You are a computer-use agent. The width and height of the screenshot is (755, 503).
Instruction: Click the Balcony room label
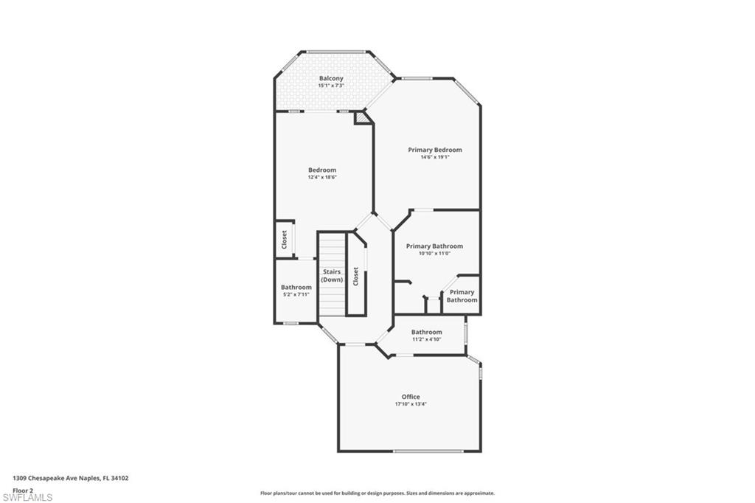331,78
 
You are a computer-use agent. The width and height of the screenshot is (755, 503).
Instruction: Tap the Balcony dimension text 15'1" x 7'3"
331,86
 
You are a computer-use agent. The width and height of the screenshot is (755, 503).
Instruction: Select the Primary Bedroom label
435,150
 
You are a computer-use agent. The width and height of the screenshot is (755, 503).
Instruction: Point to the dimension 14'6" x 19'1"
435,157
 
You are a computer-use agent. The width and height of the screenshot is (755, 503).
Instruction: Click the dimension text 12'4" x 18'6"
322,177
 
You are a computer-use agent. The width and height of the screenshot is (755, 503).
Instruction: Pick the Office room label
411,397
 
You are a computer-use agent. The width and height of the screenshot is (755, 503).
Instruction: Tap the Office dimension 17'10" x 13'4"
411,404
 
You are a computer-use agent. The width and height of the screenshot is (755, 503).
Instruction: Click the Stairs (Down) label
332,276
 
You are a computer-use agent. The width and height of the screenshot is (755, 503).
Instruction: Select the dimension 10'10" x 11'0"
434,254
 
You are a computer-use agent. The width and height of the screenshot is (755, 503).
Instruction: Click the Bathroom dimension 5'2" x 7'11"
296,294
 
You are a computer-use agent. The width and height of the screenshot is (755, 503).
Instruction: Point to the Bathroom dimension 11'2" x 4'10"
426,339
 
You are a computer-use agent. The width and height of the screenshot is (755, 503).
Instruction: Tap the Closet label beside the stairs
356,277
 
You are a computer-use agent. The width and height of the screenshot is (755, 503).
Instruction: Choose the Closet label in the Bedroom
284,240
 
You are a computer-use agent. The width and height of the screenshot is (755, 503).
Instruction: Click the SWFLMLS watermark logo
27,497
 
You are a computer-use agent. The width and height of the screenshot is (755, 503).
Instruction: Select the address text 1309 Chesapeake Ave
71,478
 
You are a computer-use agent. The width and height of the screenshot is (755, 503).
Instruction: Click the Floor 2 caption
23,490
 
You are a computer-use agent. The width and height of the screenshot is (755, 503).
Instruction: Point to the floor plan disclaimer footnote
377,493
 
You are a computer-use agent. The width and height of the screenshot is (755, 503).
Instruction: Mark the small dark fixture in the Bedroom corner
361,117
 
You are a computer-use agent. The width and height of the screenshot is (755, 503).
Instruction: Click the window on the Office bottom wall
417,451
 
